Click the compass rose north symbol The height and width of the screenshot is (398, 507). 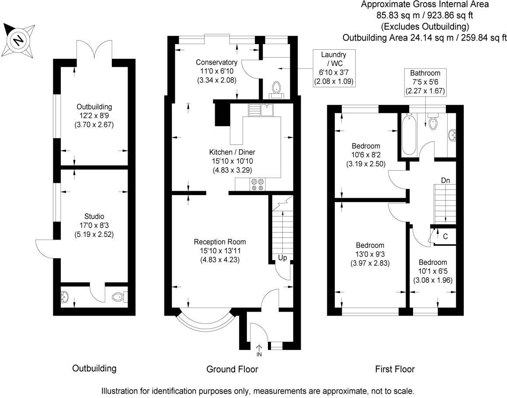tap(18, 40)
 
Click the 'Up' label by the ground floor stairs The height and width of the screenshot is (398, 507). tap(282, 258)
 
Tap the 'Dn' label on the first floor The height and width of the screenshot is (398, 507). tap(445, 180)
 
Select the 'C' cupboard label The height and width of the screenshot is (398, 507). tap(445, 237)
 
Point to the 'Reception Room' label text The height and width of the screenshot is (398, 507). tap(220, 242)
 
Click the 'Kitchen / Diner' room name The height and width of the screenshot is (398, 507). tap(232, 152)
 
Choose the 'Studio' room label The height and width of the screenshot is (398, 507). tap(95, 216)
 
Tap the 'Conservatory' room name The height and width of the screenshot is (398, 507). tap(216, 62)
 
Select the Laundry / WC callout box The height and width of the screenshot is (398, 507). tap(333, 68)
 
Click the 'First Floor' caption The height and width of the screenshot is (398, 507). tap(395, 369)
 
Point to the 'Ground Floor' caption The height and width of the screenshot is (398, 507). tap(232, 369)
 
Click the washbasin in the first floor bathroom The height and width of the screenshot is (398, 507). tap(452, 135)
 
